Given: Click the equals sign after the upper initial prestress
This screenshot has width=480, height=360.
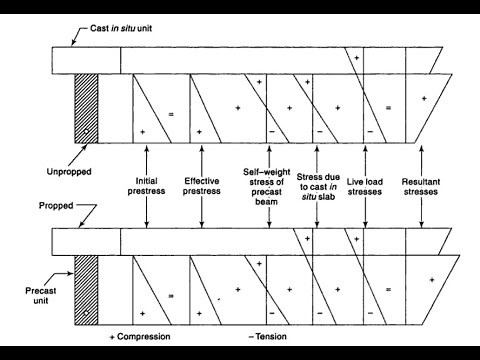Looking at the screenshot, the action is tap(171, 115).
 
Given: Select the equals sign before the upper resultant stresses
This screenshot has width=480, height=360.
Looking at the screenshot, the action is tap(389, 106).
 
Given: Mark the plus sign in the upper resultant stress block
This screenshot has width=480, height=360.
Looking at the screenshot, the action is tap(425, 98).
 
